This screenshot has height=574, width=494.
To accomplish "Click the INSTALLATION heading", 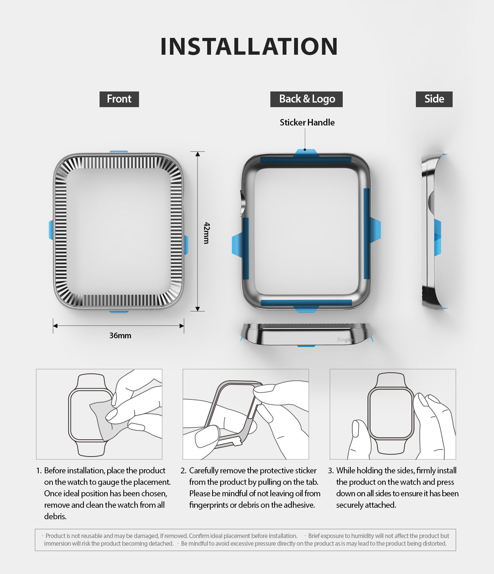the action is (x=249, y=46).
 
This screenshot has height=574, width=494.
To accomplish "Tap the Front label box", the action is (x=119, y=99).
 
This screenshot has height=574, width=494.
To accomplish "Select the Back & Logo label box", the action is (x=306, y=99).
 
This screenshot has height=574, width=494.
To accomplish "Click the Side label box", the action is (x=434, y=99).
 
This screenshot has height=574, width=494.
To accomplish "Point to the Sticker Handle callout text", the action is (x=307, y=122).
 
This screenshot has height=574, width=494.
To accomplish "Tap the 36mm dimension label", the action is (x=120, y=336).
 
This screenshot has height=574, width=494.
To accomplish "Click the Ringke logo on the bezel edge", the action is (x=345, y=340).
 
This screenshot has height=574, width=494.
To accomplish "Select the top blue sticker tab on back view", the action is (x=305, y=153).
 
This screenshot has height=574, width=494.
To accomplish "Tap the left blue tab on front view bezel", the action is (x=51, y=230).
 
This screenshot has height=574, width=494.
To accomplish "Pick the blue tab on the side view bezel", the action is (x=437, y=237).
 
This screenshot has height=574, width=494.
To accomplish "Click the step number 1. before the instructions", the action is (x=39, y=470).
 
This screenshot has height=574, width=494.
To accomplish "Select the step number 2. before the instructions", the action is (x=183, y=470).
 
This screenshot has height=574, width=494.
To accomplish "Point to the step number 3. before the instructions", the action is (x=330, y=470).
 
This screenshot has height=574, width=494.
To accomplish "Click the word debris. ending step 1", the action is (x=55, y=516).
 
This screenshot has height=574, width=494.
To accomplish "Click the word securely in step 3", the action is (x=350, y=505).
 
